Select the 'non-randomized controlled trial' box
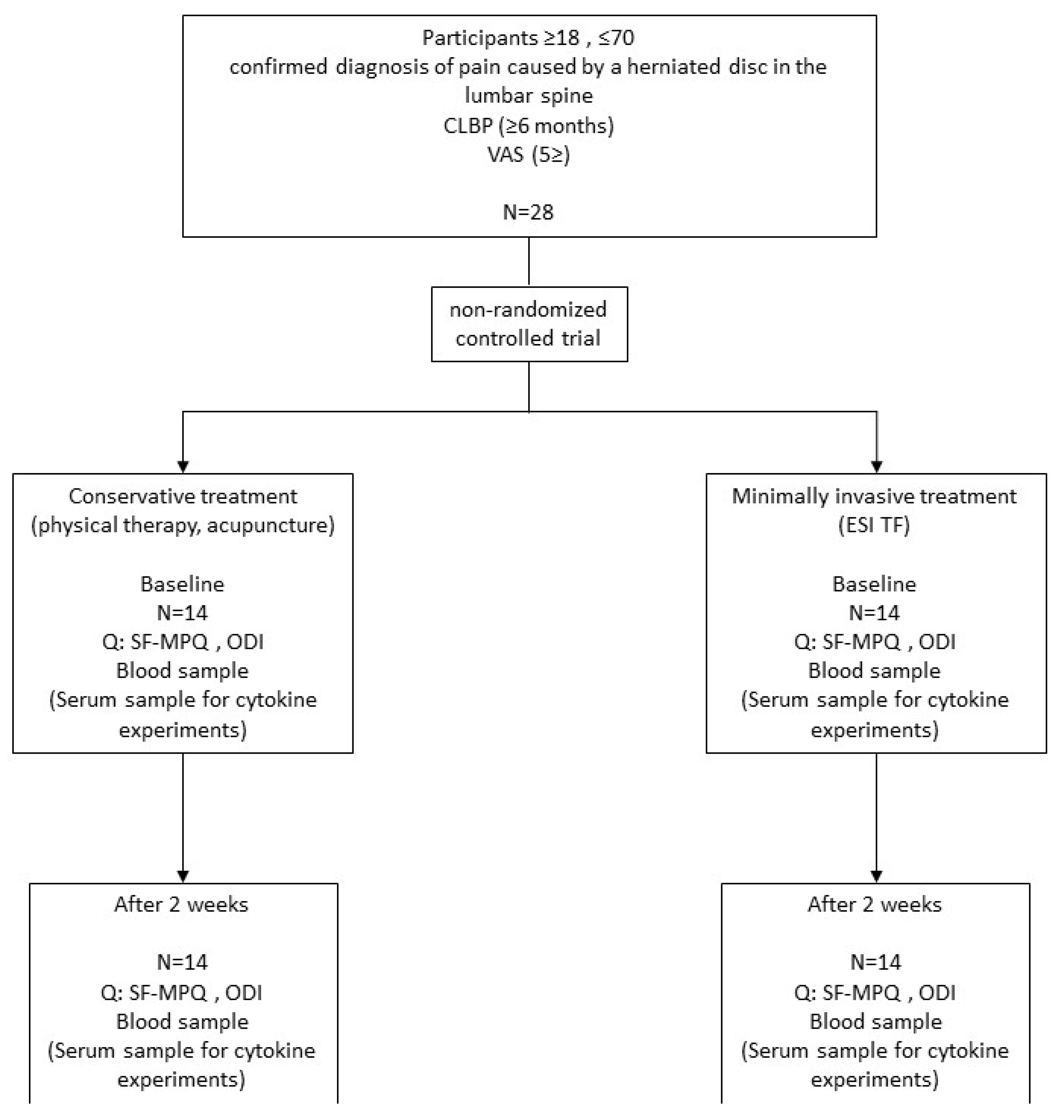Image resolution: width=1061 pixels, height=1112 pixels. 529,324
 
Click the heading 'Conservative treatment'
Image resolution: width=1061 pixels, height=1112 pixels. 183,496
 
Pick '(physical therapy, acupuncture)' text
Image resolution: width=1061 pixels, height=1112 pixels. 183,525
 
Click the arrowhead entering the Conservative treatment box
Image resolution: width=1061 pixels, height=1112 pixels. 183,467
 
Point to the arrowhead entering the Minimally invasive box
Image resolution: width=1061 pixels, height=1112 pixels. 876,467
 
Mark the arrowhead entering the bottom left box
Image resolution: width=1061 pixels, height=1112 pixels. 183,876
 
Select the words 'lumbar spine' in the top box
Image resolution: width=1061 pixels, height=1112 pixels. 528,96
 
